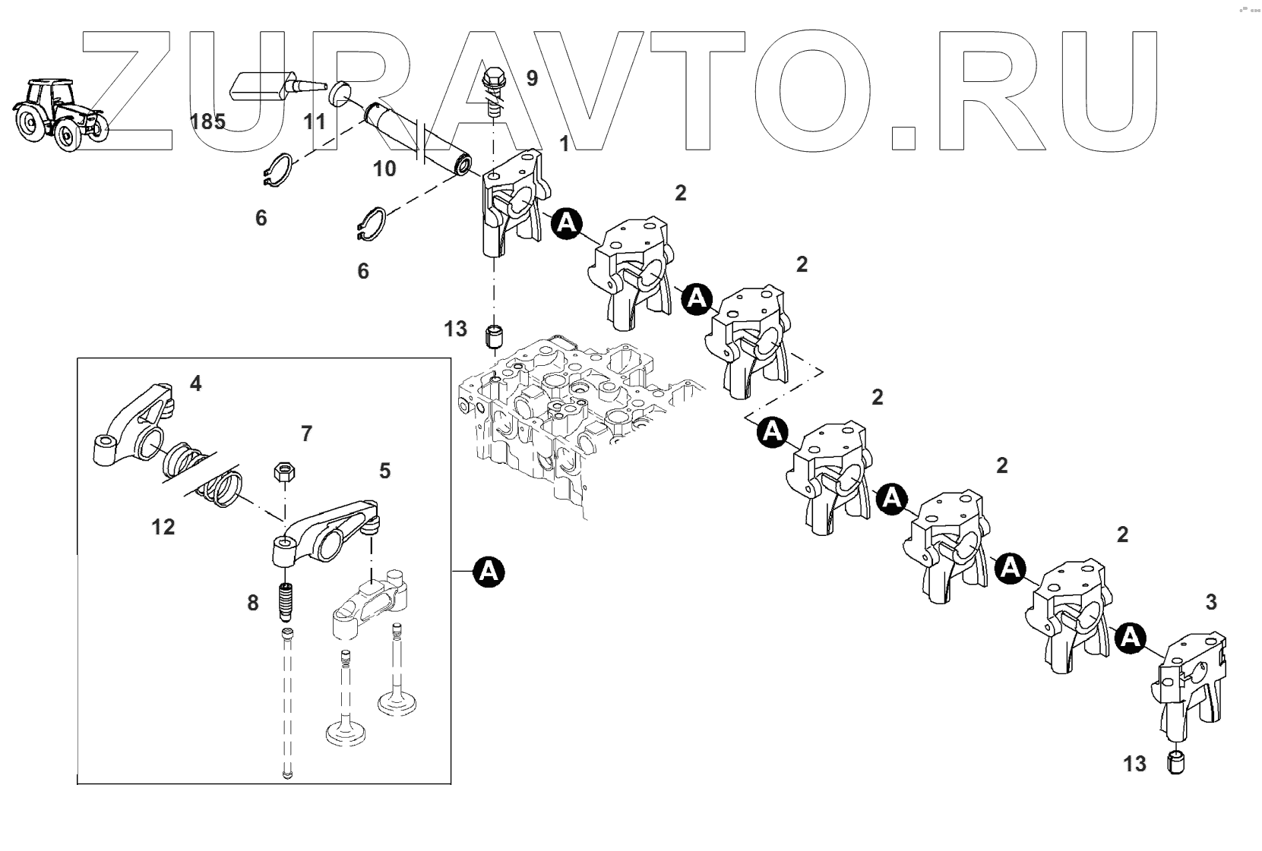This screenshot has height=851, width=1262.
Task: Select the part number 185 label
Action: point(207,122)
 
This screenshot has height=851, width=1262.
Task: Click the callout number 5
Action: point(384,471)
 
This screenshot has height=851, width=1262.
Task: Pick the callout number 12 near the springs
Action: point(163,526)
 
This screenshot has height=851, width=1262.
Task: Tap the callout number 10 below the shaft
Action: point(385,169)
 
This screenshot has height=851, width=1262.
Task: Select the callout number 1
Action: point(564,144)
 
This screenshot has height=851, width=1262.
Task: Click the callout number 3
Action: point(1210,602)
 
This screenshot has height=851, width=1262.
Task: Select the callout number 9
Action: point(531,78)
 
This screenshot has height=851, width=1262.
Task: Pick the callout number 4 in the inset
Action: point(195,383)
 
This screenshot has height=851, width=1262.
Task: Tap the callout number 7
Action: point(306,433)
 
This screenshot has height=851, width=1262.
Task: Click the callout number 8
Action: point(252,603)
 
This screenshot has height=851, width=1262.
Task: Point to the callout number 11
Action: point(315,121)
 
